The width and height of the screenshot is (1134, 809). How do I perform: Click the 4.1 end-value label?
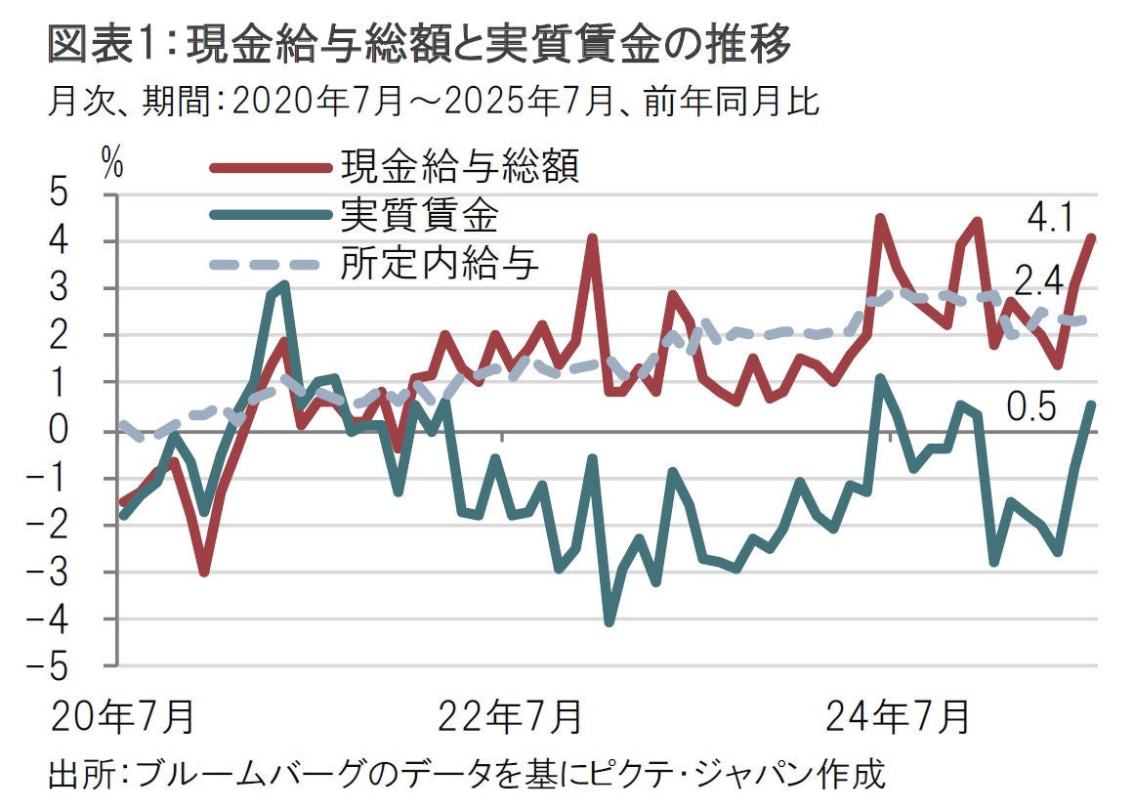click(x=1050, y=217)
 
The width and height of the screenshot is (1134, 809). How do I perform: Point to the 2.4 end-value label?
click(x=1040, y=283)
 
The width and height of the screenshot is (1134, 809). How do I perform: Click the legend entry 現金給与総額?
click(x=460, y=166)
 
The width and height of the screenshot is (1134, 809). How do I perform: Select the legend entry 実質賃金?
click(x=420, y=215)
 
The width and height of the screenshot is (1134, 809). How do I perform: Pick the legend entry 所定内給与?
click(x=440, y=264)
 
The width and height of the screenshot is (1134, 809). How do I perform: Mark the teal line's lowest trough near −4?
click(x=609, y=622)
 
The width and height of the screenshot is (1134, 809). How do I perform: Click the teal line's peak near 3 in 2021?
click(x=284, y=285)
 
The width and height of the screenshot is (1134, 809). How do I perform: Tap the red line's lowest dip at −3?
click(x=203, y=573)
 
